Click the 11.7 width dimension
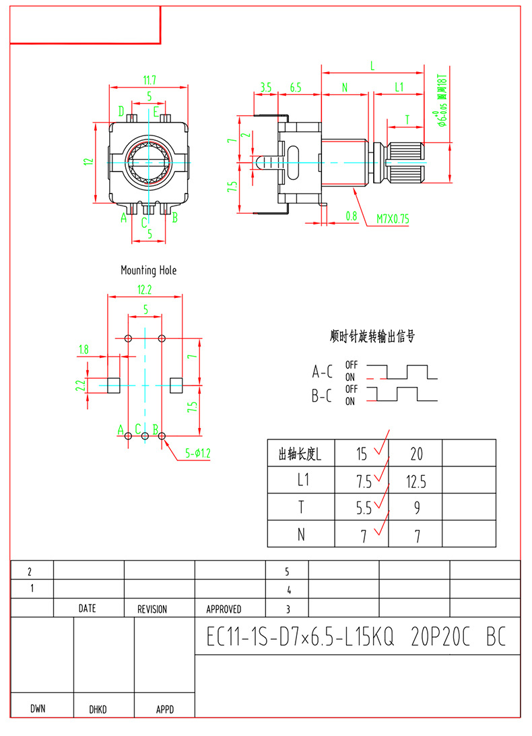pyautogui.click(x=149, y=80)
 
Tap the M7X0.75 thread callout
pyautogui.click(x=392, y=219)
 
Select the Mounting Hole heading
pyautogui.click(x=148, y=270)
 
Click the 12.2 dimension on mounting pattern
pyautogui.click(x=145, y=289)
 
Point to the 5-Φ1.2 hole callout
pyautogui.click(x=198, y=454)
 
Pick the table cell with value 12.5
pyautogui.click(x=416, y=481)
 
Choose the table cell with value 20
pyautogui.click(x=416, y=454)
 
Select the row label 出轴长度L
pyautogui.click(x=300, y=454)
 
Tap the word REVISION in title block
pyautogui.click(x=152, y=609)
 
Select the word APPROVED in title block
pyautogui.click(x=224, y=609)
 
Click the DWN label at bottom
pyautogui.click(x=38, y=709)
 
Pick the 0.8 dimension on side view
pyautogui.click(x=351, y=216)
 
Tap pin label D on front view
pyautogui.click(x=121, y=111)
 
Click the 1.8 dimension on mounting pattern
pyautogui.click(x=84, y=350)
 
